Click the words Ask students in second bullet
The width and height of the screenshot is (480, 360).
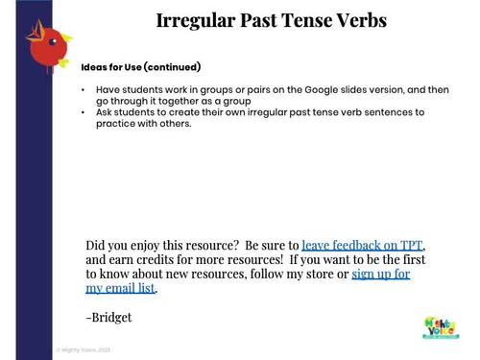[x=123, y=112]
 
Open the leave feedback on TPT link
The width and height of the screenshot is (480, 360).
[x=362, y=245]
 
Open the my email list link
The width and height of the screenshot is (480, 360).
[x=120, y=288]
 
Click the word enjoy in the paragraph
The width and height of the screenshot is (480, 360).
[x=154, y=245]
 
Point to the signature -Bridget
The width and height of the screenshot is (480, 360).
[x=108, y=317]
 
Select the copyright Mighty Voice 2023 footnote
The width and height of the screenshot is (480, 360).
[x=84, y=350]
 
